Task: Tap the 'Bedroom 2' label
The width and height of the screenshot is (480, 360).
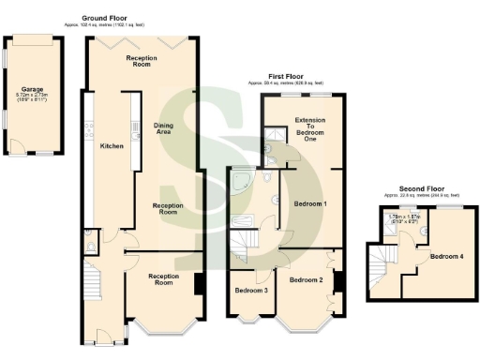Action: (306, 279)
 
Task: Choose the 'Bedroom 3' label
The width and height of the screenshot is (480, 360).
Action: (250, 290)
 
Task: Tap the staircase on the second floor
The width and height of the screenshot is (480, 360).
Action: (381, 262)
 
